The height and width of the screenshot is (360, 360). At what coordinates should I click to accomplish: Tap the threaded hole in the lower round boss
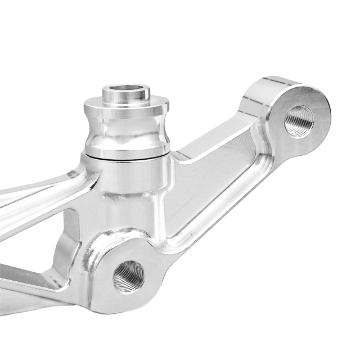click(x=129, y=276)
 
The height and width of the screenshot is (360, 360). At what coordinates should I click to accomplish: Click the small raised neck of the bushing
click(x=125, y=97)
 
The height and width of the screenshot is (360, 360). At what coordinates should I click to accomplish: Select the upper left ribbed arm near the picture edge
click(x=34, y=188)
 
